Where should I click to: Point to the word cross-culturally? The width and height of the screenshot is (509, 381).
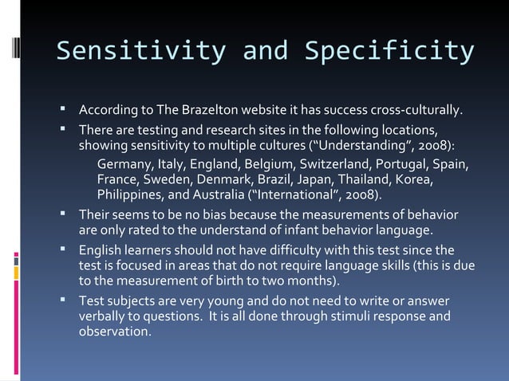[415, 109]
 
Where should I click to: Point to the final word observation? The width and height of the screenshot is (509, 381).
[114, 332]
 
